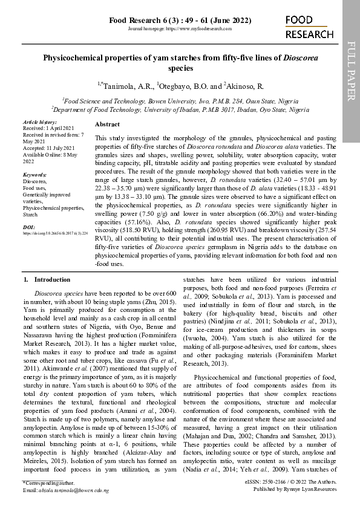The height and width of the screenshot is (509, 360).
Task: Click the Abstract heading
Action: [107, 123]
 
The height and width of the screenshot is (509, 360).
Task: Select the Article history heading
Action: [39, 122]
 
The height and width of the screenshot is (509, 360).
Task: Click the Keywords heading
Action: [34, 174]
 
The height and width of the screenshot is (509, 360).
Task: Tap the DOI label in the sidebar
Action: [28, 227]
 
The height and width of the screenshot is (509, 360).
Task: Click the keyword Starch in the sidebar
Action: [30, 214]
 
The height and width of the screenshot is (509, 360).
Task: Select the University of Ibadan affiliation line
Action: [180, 110]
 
